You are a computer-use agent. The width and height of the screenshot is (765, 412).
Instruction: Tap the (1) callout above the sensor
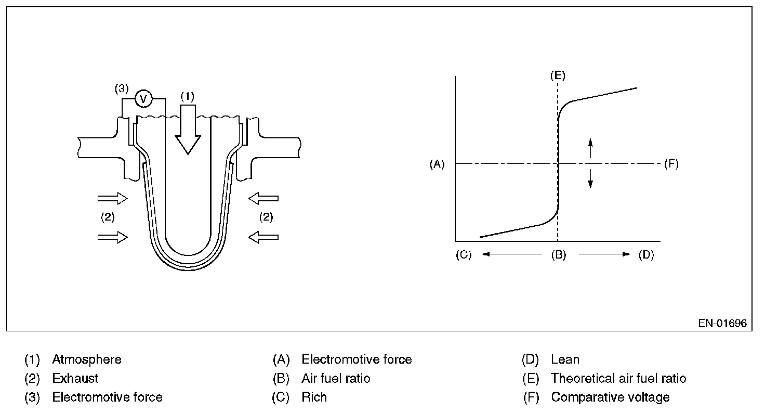pos(187,96)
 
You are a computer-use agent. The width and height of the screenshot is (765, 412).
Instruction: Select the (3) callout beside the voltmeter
pos(121,89)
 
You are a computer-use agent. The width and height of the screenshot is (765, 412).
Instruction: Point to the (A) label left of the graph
pos(437,164)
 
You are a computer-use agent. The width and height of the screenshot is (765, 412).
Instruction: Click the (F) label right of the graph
pos(671,164)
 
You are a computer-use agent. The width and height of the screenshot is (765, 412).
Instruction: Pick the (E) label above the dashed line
pos(558,75)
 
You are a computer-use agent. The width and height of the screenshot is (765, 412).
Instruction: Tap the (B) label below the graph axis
pos(559,255)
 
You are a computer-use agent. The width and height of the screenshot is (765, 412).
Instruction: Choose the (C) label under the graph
pos(464,255)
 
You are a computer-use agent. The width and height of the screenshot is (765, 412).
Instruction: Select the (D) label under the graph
pos(646,255)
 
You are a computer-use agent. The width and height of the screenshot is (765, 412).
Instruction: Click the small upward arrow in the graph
pos(590,148)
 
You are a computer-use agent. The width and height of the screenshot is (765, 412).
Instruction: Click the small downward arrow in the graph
pos(590,178)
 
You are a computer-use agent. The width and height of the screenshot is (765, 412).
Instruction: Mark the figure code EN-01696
pos(722,323)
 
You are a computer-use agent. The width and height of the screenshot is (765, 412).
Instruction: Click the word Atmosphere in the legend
pos(87,359)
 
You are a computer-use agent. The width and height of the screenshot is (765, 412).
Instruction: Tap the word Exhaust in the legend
pos(75,378)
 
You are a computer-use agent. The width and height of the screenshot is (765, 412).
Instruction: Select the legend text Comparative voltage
pos(610,397)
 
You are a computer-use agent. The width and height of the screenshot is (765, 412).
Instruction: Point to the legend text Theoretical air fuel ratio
pos(618,378)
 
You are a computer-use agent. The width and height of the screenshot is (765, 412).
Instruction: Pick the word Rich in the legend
pos(314,397)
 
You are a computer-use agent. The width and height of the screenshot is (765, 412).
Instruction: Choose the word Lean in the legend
pos(565,359)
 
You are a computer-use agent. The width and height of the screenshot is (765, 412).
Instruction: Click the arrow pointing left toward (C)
pos(512,254)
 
